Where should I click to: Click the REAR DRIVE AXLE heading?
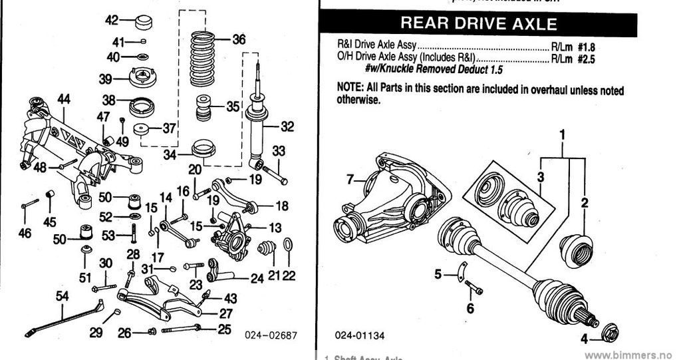point(479,25)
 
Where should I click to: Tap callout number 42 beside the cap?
point(112,20)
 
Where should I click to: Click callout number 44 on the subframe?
point(64,99)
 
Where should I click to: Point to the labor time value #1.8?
point(585,48)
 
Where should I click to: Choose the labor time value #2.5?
point(585,59)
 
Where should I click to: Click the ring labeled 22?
point(287,246)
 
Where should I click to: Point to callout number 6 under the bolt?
point(470,308)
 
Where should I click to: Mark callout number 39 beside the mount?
point(105,80)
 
